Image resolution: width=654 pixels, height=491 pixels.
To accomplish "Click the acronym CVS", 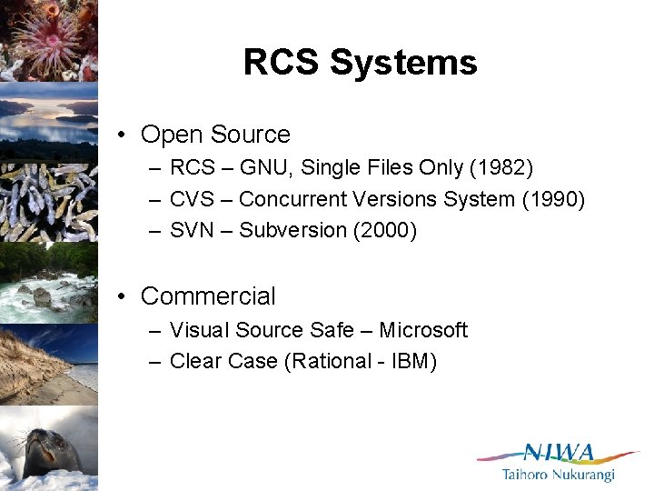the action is pos(191,199).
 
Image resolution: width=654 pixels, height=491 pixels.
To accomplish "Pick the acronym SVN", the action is pos(191,231).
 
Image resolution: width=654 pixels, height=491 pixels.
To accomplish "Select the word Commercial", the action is pos(208,296).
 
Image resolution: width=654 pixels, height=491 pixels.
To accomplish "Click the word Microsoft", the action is pos(423,330).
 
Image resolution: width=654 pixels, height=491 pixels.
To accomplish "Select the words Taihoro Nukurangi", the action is pos(558,475).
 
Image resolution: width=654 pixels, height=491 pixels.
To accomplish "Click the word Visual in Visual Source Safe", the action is pos(198,330).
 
